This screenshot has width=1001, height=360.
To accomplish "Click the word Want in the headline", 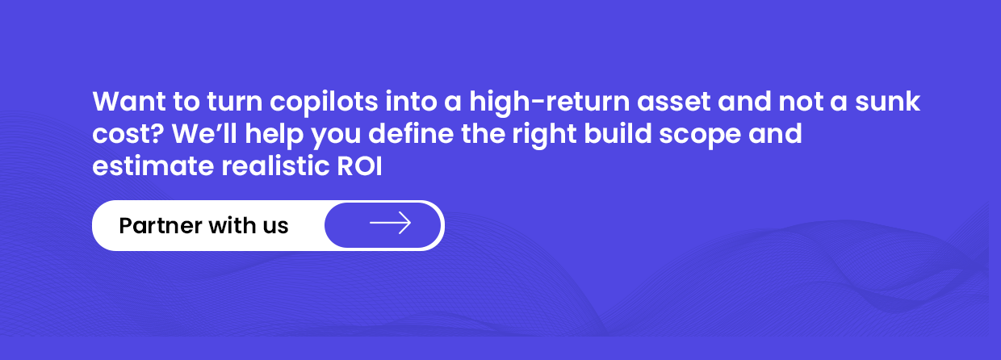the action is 129,102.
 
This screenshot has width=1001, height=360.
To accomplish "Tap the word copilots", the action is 324,103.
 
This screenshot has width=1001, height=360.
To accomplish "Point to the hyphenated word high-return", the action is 549,103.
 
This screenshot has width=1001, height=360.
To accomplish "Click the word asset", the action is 673,103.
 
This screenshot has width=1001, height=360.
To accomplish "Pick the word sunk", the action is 887,102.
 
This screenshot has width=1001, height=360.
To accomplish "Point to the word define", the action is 411,133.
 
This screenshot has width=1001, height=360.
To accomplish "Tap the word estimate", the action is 153,166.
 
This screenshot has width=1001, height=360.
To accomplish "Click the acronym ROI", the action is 359,166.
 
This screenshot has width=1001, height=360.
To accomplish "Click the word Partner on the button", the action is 161,225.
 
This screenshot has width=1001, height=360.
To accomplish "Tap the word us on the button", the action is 275,228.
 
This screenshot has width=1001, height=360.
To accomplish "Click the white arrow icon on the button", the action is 390,223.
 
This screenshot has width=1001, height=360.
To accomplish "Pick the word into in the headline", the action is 411,102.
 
